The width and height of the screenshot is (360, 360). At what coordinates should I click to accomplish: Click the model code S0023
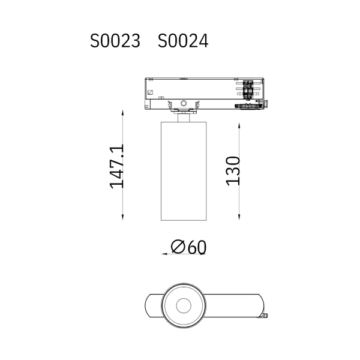pyautogui.click(x=115, y=41)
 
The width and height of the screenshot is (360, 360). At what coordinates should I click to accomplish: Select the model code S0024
pyautogui.click(x=183, y=41)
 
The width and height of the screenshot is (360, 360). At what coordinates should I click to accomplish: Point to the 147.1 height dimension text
pyautogui.click(x=116, y=166)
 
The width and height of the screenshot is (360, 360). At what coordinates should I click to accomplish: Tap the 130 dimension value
pyautogui.click(x=233, y=171)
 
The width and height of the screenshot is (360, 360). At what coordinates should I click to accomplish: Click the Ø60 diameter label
pyautogui.click(x=188, y=247)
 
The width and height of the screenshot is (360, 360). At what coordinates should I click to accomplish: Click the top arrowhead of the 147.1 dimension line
pyautogui.click(x=122, y=113)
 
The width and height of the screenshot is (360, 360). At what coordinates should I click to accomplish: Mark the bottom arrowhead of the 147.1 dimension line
pyautogui.click(x=122, y=217)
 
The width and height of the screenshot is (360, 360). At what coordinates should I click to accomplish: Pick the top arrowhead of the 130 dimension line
pyautogui.click(x=239, y=126)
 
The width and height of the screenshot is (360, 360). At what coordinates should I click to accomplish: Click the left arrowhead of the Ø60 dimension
pyautogui.click(x=164, y=254)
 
